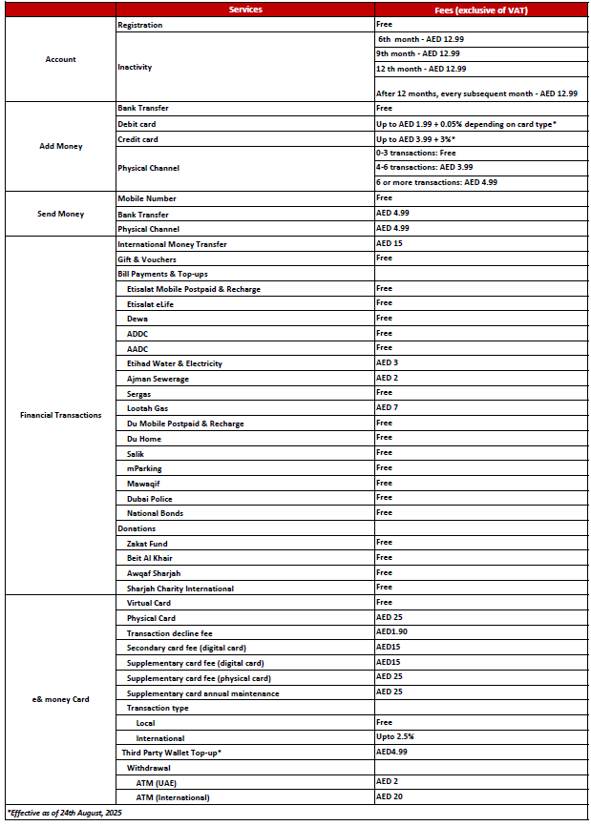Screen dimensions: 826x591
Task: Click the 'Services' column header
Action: point(245,10)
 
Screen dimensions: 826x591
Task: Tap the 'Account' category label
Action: point(60,59)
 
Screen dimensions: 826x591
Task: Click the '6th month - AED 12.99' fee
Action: point(421,39)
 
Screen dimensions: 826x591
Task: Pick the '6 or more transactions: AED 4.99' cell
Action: point(436,182)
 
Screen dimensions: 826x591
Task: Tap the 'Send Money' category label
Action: point(61,214)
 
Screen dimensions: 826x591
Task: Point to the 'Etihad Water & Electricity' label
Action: point(175,363)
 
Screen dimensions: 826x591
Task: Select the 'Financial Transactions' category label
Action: point(60,415)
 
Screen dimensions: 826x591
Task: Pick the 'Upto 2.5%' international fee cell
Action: point(395,738)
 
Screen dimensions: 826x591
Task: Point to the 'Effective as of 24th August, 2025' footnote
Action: point(65,813)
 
